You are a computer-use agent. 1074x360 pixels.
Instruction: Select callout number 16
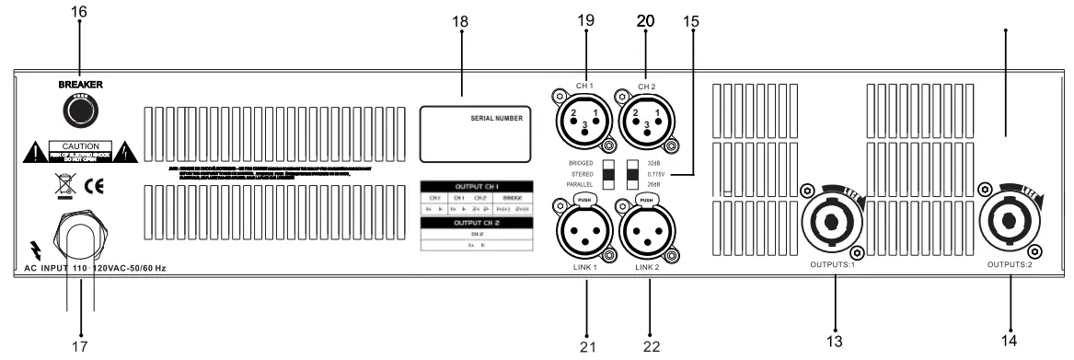pos(79,15)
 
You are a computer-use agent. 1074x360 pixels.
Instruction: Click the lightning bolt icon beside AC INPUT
pos(34,249)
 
